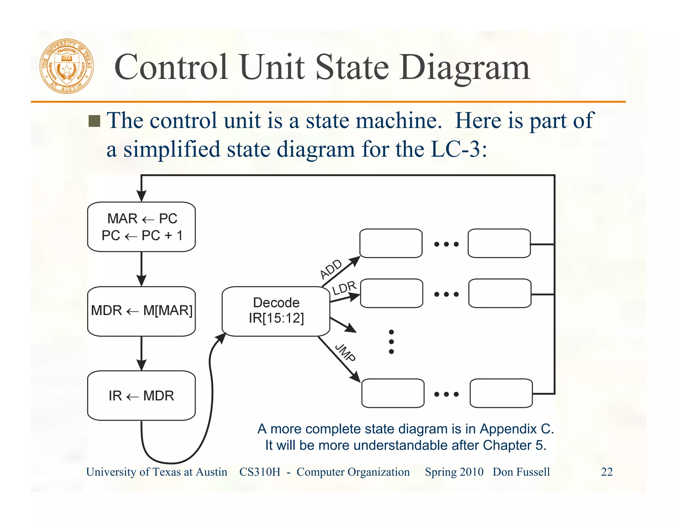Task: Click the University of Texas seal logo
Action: [x=66, y=66]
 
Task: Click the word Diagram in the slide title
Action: [x=464, y=68]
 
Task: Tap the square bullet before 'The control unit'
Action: [x=95, y=121]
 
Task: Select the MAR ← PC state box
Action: [x=141, y=227]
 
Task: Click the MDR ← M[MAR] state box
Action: [x=141, y=311]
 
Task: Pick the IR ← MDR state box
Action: [x=141, y=396]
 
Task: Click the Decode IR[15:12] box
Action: [x=276, y=311]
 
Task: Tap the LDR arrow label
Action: [x=344, y=288]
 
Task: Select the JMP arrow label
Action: [x=345, y=353]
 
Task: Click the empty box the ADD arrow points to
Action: [x=391, y=243]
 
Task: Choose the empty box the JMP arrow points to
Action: [x=393, y=393]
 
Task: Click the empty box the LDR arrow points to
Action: [x=391, y=293]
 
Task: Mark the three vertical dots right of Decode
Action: [x=391, y=342]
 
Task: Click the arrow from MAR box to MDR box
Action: [x=141, y=268]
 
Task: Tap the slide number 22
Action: [x=607, y=472]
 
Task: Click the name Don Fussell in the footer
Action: [x=521, y=472]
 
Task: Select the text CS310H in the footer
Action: [x=259, y=472]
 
